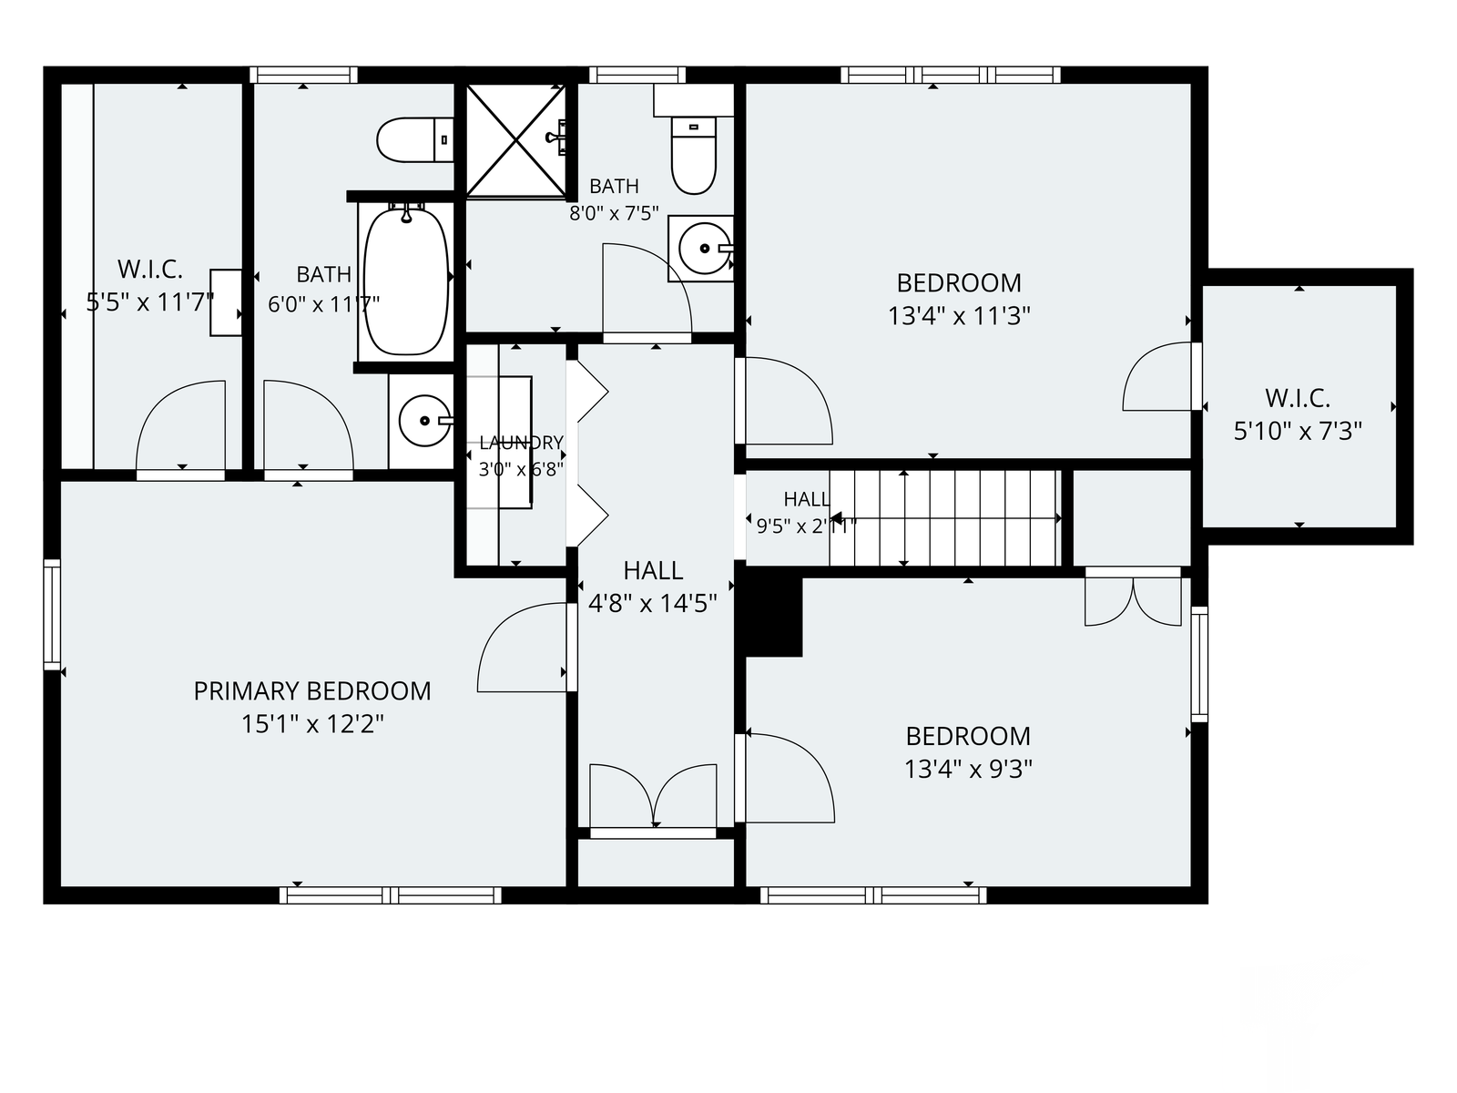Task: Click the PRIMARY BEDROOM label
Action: [312, 690]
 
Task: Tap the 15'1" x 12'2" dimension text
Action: [312, 724]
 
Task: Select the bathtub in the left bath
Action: [405, 281]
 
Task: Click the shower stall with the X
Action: [515, 140]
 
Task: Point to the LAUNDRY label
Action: [521, 442]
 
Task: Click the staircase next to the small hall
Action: [944, 517]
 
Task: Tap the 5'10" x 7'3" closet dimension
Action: [1298, 432]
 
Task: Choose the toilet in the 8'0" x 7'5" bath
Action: [694, 154]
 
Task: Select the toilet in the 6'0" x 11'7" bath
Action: [415, 140]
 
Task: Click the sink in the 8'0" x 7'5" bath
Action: [704, 248]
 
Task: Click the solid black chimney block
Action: [773, 616]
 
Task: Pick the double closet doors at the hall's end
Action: [654, 795]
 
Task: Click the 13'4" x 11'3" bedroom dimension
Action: [959, 317]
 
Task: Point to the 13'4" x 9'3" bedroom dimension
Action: [968, 770]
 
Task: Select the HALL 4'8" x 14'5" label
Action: [653, 587]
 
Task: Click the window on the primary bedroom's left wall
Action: [53, 615]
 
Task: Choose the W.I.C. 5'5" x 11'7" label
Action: [150, 286]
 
